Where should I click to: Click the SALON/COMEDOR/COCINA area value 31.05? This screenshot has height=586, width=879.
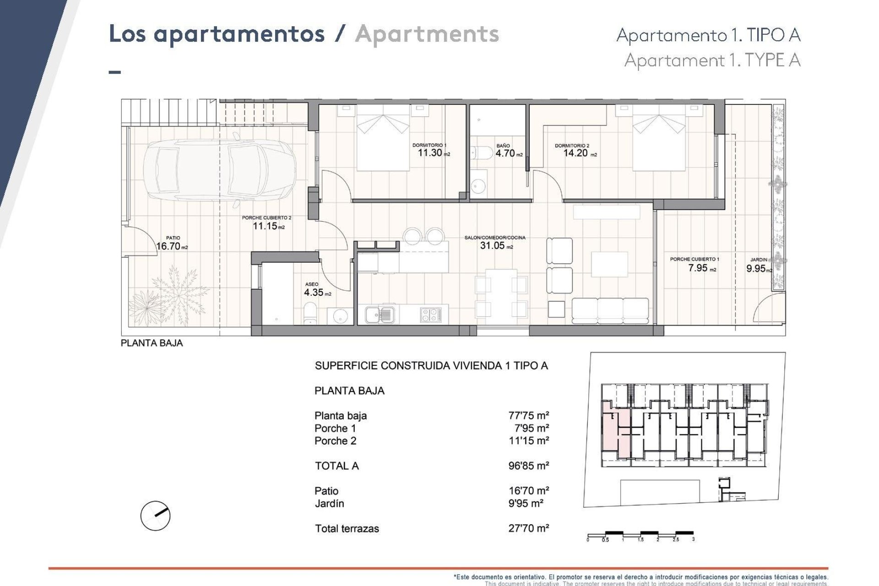click(x=492, y=245)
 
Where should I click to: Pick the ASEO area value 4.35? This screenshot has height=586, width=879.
click(x=314, y=292)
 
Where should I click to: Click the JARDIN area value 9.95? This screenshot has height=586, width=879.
click(x=756, y=269)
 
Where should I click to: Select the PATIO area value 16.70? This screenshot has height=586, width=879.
click(x=168, y=246)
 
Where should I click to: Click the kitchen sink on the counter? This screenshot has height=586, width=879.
click(x=379, y=315)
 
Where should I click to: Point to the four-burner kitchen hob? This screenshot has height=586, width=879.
click(x=430, y=315)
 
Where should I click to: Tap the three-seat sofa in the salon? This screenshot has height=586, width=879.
click(x=610, y=311)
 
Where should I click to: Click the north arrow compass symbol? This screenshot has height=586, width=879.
click(x=155, y=515)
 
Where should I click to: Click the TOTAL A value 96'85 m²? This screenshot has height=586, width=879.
click(x=528, y=466)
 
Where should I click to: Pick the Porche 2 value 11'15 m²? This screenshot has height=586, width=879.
click(x=528, y=440)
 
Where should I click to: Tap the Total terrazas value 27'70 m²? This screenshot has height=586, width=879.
click(x=528, y=528)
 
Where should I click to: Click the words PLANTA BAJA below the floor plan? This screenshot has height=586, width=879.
click(x=152, y=343)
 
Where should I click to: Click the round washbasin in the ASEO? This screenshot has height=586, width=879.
click(x=340, y=315)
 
